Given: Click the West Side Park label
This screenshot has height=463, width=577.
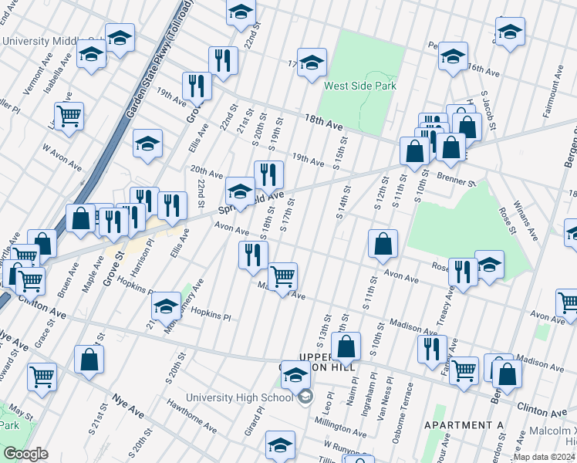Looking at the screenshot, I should [x=360, y=86].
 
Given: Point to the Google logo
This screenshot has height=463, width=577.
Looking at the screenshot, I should [x=25, y=454].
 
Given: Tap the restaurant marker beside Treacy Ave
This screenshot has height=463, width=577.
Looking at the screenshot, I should [x=463, y=272].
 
